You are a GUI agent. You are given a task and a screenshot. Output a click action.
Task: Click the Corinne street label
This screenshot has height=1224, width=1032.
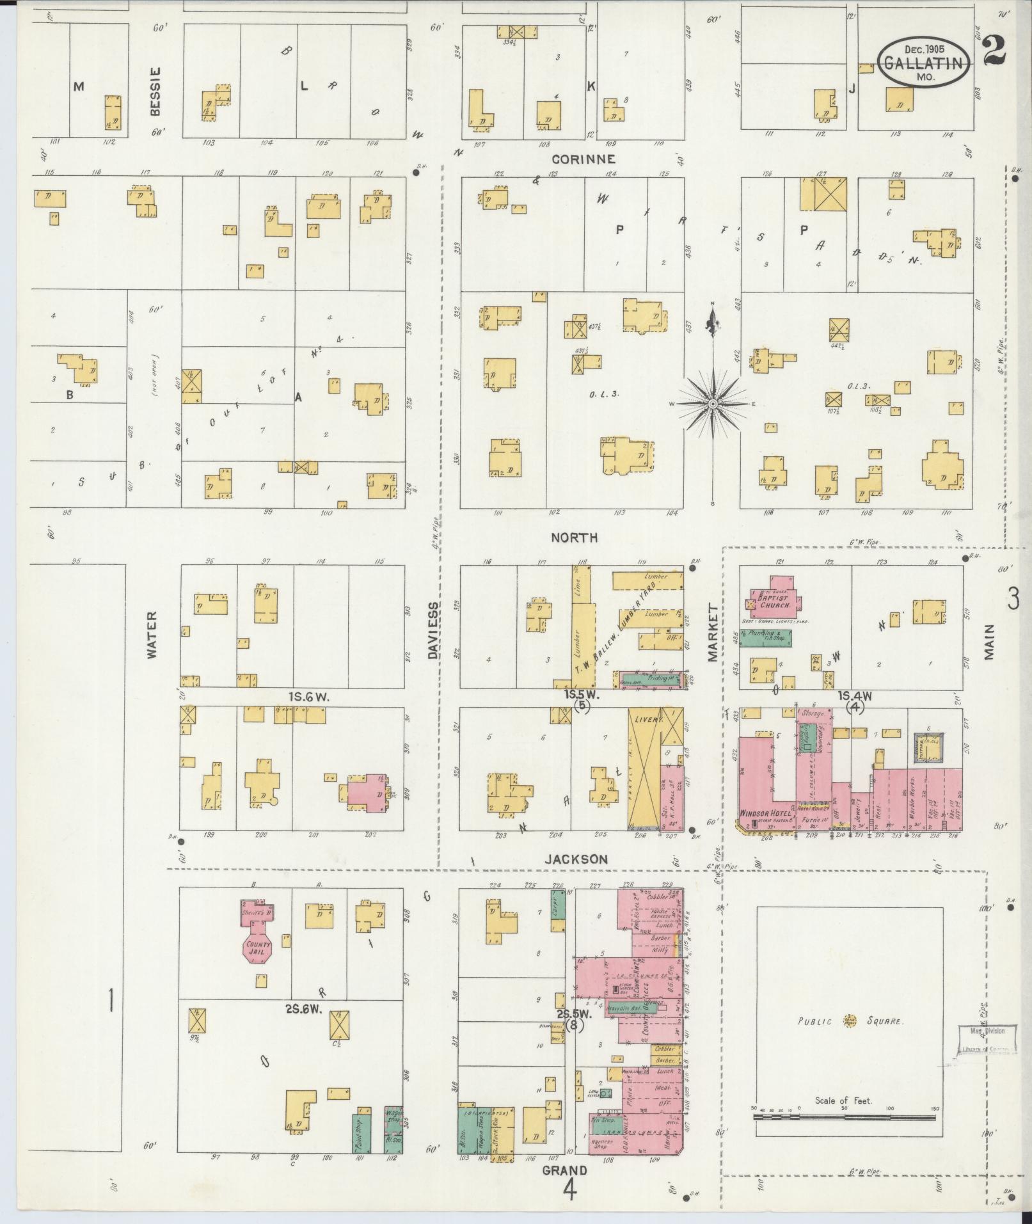pyautogui.click(x=583, y=159)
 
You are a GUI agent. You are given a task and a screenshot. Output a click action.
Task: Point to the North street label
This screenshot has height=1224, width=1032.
pyautogui.click(x=574, y=538)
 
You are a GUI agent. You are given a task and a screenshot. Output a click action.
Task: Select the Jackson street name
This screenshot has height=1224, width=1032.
pyautogui.click(x=575, y=859)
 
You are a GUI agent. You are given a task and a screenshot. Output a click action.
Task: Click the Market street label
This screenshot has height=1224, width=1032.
pyautogui.click(x=713, y=632)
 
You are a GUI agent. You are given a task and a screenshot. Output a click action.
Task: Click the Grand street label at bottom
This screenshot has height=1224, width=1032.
pyautogui.click(x=565, y=1172)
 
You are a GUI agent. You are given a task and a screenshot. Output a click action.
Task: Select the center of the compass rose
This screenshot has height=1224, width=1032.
pyautogui.click(x=712, y=404)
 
